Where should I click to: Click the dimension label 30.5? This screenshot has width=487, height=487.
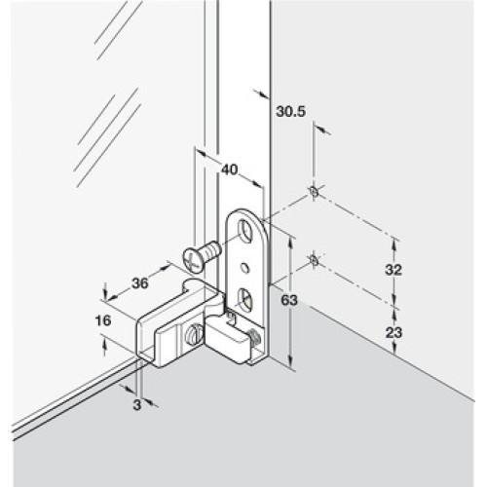[x=291, y=111]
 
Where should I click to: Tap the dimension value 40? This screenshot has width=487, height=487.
[x=230, y=169]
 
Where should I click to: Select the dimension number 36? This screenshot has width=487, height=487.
[x=140, y=283]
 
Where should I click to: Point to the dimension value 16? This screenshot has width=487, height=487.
[x=103, y=320]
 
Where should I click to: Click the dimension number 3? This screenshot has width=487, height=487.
[x=137, y=404]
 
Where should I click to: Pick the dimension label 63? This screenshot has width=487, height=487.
[x=289, y=300]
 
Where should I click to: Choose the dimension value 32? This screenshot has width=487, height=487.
[x=393, y=270]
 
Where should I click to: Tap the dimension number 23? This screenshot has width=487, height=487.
[x=393, y=332]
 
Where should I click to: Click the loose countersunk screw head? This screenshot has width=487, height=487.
[x=192, y=260]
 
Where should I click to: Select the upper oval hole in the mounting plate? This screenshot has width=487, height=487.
[x=245, y=230]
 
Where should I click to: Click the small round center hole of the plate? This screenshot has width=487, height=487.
[x=244, y=267]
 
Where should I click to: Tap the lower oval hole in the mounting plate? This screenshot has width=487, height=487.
[x=244, y=299]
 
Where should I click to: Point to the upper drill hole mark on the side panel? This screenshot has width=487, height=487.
[x=314, y=191]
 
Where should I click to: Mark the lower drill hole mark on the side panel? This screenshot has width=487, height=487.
[x=314, y=260]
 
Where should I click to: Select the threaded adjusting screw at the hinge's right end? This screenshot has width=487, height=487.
[x=253, y=337]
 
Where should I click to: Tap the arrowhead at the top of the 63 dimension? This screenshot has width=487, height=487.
[x=291, y=242]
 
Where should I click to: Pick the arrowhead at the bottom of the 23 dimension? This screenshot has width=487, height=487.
[x=394, y=350]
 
